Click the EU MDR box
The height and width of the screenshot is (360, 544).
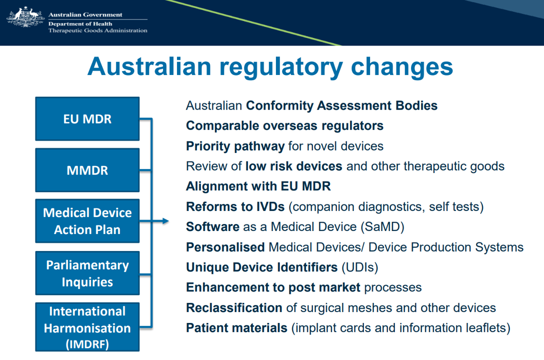[x=87, y=118]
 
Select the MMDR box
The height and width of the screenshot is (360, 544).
[x=87, y=170]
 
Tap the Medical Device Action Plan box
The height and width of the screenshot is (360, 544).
[x=87, y=221]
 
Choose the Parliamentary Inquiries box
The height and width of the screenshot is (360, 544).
[x=87, y=273]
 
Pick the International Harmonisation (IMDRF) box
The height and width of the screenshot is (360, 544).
[x=87, y=326]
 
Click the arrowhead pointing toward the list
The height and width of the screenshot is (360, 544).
[x=165, y=221]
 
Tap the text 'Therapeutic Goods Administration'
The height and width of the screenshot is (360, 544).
[x=98, y=30]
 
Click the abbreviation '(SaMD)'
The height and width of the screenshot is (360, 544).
[x=382, y=227]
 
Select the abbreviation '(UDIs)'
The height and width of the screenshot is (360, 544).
[x=360, y=267]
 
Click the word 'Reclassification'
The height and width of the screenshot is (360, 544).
[x=234, y=307]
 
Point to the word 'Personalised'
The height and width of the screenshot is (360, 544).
[x=225, y=247]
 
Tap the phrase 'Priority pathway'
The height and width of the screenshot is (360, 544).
[x=235, y=146]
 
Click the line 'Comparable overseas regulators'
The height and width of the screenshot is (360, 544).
[x=285, y=126]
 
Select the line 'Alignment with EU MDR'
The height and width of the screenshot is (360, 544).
[x=258, y=186]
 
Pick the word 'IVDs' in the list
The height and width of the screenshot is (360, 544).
[x=270, y=206]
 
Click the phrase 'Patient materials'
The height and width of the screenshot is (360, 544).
[x=236, y=328]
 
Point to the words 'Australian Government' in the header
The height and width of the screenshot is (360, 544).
[x=85, y=14]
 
